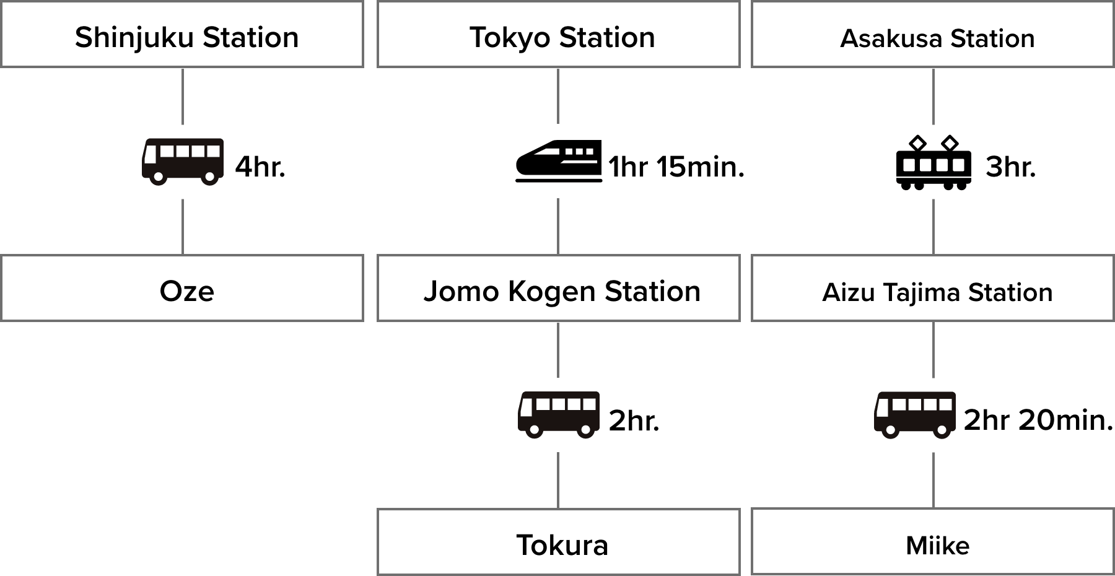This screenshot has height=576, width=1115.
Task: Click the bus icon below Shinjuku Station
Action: pos(183,162)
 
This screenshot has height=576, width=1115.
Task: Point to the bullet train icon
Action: pos(559,161)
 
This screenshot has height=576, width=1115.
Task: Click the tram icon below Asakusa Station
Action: pos(934,162)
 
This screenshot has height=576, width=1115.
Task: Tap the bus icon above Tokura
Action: pos(559,415)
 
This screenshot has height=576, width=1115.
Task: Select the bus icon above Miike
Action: pos(915,415)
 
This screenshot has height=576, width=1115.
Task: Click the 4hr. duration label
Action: pos(260,167)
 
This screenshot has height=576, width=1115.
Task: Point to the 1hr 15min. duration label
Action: pos(676,167)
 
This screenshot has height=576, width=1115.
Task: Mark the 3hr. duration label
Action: pos(1010,167)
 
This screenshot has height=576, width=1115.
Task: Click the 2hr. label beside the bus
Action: pos(634,421)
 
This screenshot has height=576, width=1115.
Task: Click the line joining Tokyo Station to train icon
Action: pos(559,96)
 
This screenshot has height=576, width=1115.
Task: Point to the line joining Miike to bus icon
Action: pos(934,480)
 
